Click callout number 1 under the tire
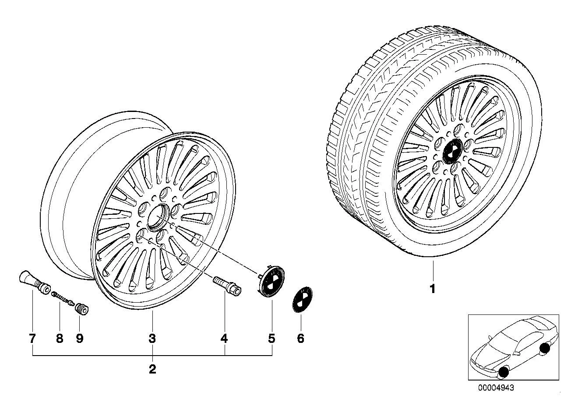[433, 289]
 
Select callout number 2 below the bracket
[152, 369]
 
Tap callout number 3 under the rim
[152, 339]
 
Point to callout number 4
[224, 339]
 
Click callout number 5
[271, 339]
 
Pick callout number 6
[301, 339]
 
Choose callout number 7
[32, 339]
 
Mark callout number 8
[60, 339]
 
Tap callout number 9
[80, 339]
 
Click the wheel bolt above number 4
[227, 286]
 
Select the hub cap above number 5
[271, 281]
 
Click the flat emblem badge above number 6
[302, 300]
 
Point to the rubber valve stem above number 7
[35, 282]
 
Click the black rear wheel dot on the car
[545, 349]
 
